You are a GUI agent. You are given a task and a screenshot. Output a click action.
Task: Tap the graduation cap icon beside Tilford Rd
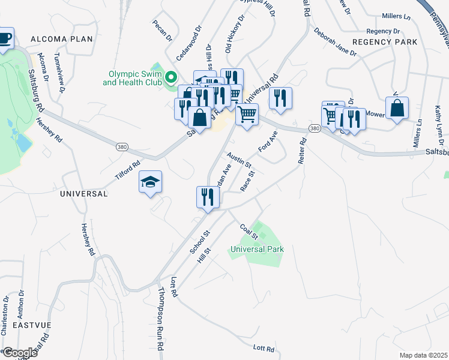tap(150, 182)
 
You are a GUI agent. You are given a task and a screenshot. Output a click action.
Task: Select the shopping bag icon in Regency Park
tap(397, 109)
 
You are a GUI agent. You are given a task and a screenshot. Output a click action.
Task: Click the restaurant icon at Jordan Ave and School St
tap(208, 197)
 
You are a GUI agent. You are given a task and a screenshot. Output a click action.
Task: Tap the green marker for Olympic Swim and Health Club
tap(170, 77)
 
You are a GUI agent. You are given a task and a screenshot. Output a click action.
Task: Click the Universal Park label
tap(257, 248)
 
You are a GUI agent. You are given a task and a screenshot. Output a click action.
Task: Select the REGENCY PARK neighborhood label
tap(384, 42)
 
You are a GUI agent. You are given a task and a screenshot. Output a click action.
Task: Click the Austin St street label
tap(239, 160)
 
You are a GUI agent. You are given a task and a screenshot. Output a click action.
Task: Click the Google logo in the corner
tap(19, 353)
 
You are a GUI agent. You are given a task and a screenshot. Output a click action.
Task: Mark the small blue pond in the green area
tap(22, 142)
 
